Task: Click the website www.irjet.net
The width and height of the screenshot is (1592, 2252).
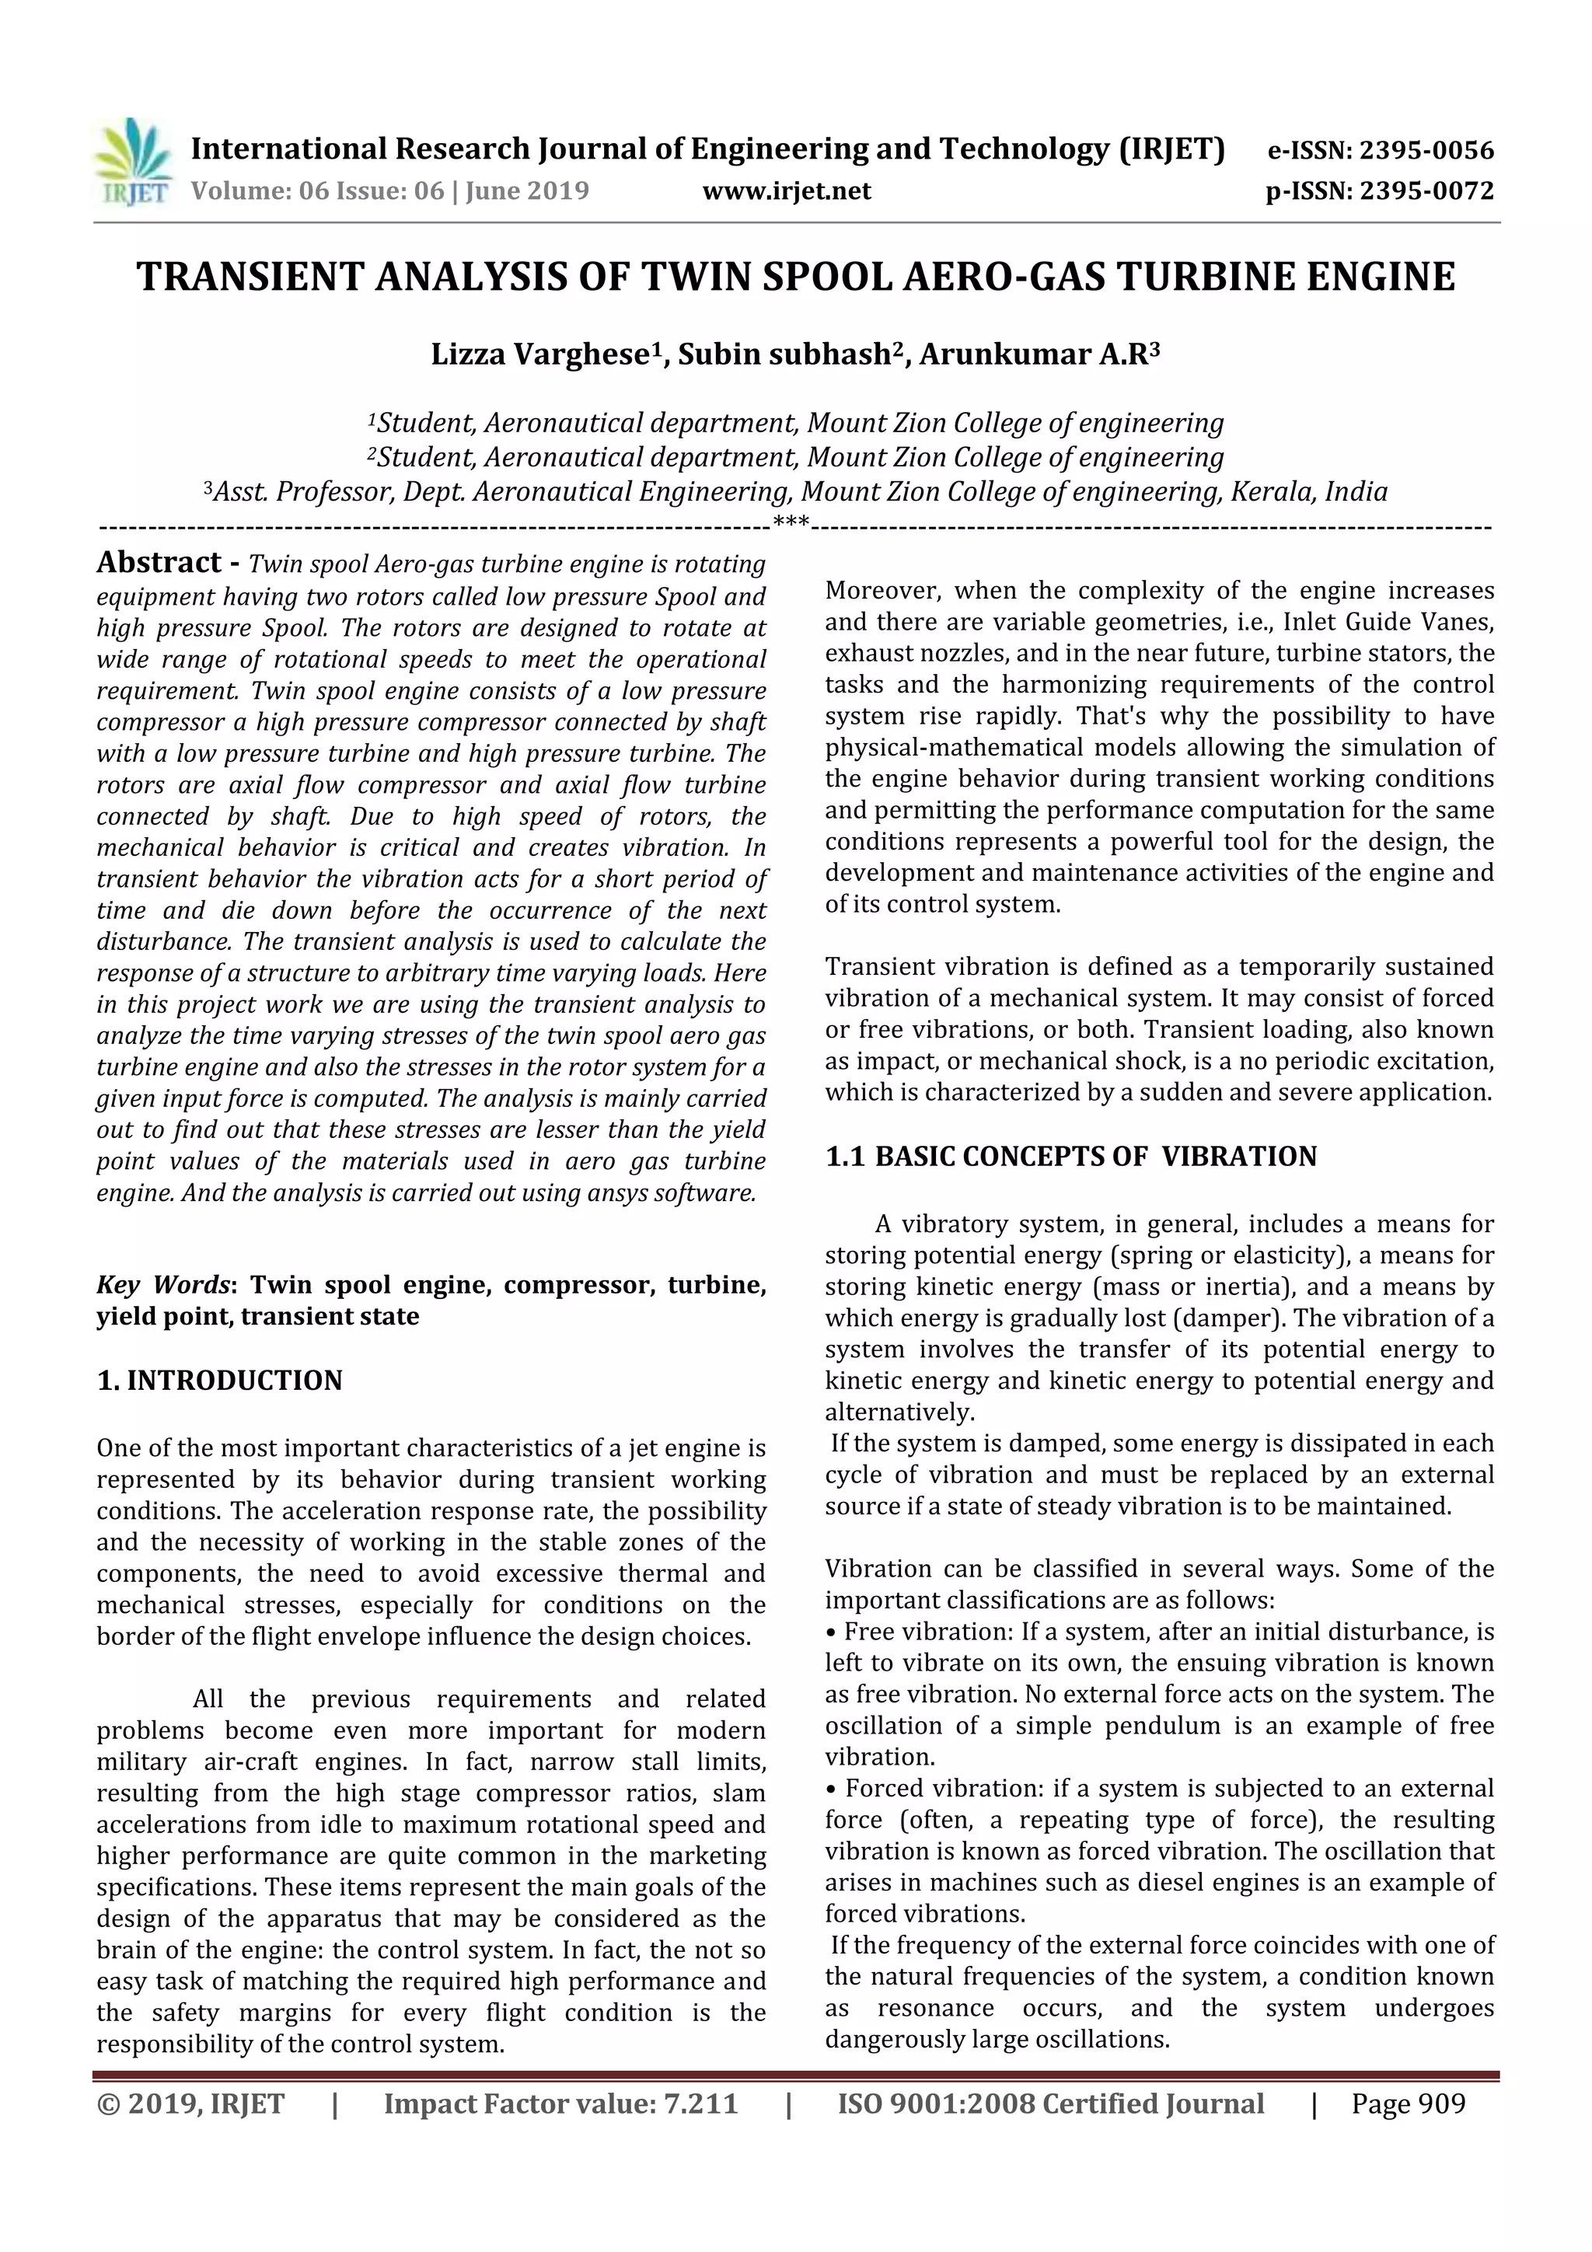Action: click(786, 191)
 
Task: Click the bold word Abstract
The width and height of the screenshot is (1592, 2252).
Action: click(159, 562)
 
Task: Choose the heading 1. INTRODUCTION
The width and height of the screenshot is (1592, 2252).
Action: click(220, 1380)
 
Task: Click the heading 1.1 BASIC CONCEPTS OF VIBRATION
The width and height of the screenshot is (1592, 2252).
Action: click(1070, 1157)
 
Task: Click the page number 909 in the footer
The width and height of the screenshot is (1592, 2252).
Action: click(1440, 2103)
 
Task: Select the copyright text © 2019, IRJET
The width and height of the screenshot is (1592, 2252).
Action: click(190, 2103)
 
